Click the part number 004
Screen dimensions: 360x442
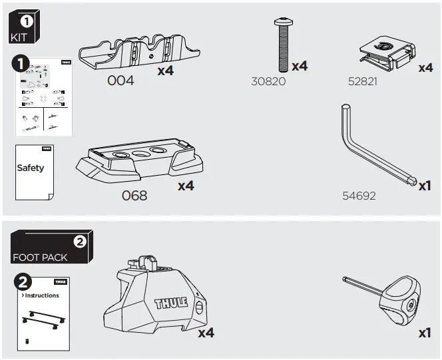click(120, 81)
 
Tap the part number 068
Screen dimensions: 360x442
click(134, 196)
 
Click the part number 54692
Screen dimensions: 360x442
click(359, 196)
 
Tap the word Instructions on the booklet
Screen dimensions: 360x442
click(41, 295)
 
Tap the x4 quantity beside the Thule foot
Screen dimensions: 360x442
click(206, 332)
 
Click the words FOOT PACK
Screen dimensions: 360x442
click(39, 258)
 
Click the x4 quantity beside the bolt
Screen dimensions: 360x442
click(300, 66)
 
